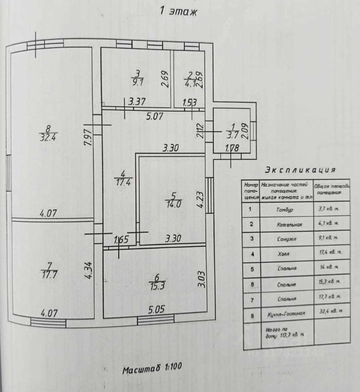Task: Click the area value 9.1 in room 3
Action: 137,81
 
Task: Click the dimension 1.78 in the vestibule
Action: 232,149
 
